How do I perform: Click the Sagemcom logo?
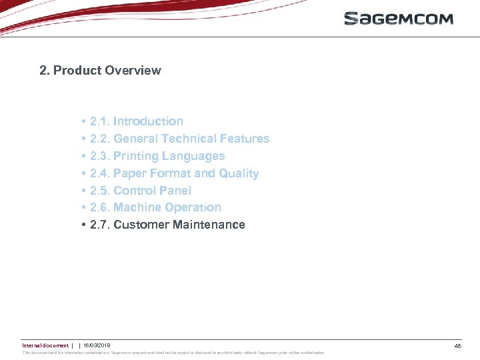pyautogui.click(x=398, y=19)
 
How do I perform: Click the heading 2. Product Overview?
pyautogui.click(x=100, y=71)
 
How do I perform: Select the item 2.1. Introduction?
pyautogui.click(x=136, y=121)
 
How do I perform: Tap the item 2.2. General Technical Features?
pyautogui.click(x=179, y=139)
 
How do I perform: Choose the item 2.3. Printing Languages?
pyautogui.click(x=157, y=156)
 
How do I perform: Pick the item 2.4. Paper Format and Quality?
pyautogui.click(x=174, y=173)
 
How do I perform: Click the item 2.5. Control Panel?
pyautogui.click(x=140, y=191)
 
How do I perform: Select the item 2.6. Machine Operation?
pyautogui.click(x=155, y=207)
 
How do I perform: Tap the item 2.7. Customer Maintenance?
pyautogui.click(x=167, y=225)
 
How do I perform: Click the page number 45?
pyautogui.click(x=457, y=346)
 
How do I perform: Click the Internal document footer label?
pyautogui.click(x=45, y=345)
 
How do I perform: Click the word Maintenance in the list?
pyautogui.click(x=209, y=225)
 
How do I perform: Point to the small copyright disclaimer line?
pyautogui.click(x=173, y=353)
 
